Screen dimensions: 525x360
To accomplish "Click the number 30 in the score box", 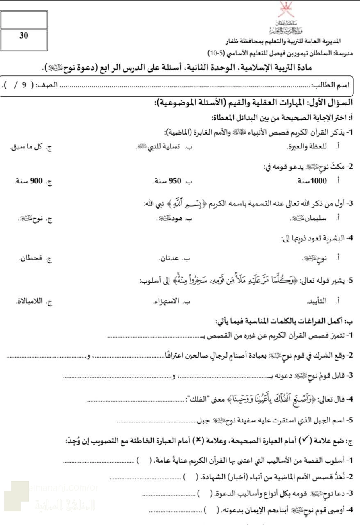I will point(24,36).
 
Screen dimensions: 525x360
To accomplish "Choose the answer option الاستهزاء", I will point(167,302).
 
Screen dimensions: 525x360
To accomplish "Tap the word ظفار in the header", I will point(234,42).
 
